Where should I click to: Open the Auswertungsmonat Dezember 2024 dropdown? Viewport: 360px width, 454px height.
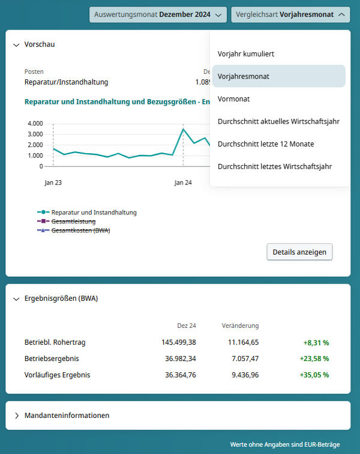(x=157, y=14)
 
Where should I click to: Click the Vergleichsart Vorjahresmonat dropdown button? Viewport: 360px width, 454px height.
(x=290, y=14)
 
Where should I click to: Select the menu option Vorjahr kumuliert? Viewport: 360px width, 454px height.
(x=246, y=54)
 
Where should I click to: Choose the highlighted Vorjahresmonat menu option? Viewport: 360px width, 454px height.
(x=244, y=76)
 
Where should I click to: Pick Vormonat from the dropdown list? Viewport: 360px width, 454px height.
(x=234, y=99)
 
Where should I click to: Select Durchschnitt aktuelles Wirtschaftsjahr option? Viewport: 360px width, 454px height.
(x=278, y=121)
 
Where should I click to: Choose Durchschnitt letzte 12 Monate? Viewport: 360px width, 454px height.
(x=266, y=144)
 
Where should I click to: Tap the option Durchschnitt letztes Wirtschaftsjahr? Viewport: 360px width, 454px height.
(x=275, y=166)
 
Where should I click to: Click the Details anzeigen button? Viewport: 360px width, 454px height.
(x=299, y=252)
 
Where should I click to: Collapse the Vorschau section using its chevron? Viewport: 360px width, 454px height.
(x=16, y=44)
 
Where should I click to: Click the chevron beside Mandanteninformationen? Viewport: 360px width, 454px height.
(x=16, y=416)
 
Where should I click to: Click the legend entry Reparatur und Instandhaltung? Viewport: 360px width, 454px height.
(x=94, y=212)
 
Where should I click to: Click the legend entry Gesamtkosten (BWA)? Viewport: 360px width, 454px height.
(x=80, y=230)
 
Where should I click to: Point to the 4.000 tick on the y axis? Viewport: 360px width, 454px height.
(x=35, y=124)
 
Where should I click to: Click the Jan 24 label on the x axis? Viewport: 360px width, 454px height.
(x=183, y=183)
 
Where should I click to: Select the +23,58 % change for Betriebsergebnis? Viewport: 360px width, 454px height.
(x=314, y=359)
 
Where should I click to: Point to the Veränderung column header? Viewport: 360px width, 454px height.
(x=240, y=326)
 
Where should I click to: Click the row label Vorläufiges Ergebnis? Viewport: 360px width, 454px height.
(x=57, y=375)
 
